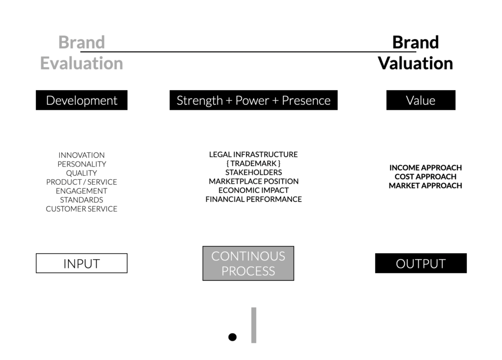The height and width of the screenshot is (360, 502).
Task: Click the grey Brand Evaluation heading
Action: [82, 53]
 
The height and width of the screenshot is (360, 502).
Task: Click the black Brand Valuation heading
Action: [416, 53]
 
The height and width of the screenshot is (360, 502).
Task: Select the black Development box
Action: [82, 100]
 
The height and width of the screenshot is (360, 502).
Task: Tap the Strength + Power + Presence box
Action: [253, 100]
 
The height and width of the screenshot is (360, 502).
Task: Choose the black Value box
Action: [421, 100]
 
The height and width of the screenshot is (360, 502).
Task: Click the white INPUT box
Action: [82, 264]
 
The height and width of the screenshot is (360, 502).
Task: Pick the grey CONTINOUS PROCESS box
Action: [248, 264]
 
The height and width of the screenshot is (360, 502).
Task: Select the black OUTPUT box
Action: [421, 264]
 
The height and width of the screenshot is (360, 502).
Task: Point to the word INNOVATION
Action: [82, 155]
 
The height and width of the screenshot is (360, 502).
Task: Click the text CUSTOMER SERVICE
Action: [82, 209]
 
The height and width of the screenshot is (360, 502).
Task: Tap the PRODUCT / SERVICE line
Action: [82, 182]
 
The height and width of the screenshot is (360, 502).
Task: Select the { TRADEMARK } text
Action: [253, 164]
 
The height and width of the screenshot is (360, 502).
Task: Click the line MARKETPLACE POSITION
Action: [253, 181]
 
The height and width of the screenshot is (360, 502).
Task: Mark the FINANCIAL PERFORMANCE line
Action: [253, 199]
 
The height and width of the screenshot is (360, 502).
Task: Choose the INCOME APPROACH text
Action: [426, 168]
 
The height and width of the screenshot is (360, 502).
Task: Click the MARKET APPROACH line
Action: [426, 186]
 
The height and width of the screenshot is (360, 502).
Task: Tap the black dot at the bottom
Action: [232, 337]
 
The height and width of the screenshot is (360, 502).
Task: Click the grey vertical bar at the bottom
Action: [254, 325]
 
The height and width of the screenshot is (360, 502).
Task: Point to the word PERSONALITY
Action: [82, 164]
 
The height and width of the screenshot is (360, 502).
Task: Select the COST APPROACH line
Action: [426, 177]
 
